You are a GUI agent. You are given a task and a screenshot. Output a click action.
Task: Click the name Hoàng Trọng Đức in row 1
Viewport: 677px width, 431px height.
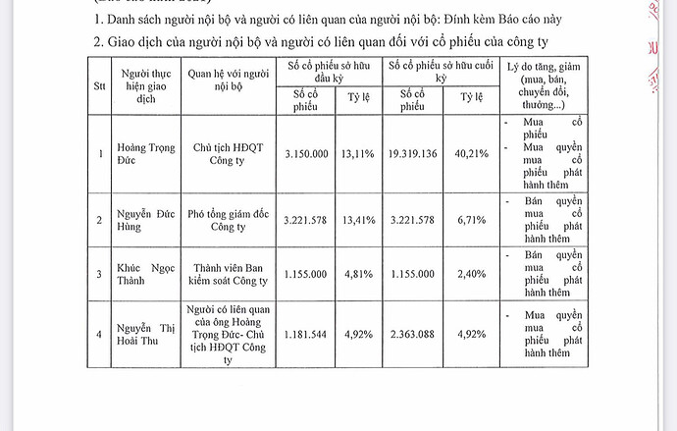tap(147, 154)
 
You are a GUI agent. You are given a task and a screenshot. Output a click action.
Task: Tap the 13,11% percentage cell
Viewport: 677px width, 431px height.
tap(358, 154)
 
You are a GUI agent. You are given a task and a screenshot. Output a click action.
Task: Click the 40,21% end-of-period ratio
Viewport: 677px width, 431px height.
tap(468, 154)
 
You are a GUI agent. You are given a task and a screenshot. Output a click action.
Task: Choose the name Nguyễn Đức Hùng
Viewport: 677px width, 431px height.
tap(147, 220)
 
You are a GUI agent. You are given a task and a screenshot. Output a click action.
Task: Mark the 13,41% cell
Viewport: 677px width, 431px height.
tap(358, 220)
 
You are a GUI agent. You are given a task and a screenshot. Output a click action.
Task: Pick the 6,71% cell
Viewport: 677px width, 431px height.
tap(468, 220)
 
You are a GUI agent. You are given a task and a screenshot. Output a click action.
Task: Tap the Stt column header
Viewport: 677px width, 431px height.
tap(99, 85)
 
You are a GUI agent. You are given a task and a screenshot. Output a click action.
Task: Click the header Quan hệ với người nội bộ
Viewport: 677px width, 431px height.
tap(227, 80)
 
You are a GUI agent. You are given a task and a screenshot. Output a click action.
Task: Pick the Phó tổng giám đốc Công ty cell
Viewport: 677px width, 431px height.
tap(227, 220)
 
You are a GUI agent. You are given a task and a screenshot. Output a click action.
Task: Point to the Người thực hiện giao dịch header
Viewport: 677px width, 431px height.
tap(147, 85)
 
